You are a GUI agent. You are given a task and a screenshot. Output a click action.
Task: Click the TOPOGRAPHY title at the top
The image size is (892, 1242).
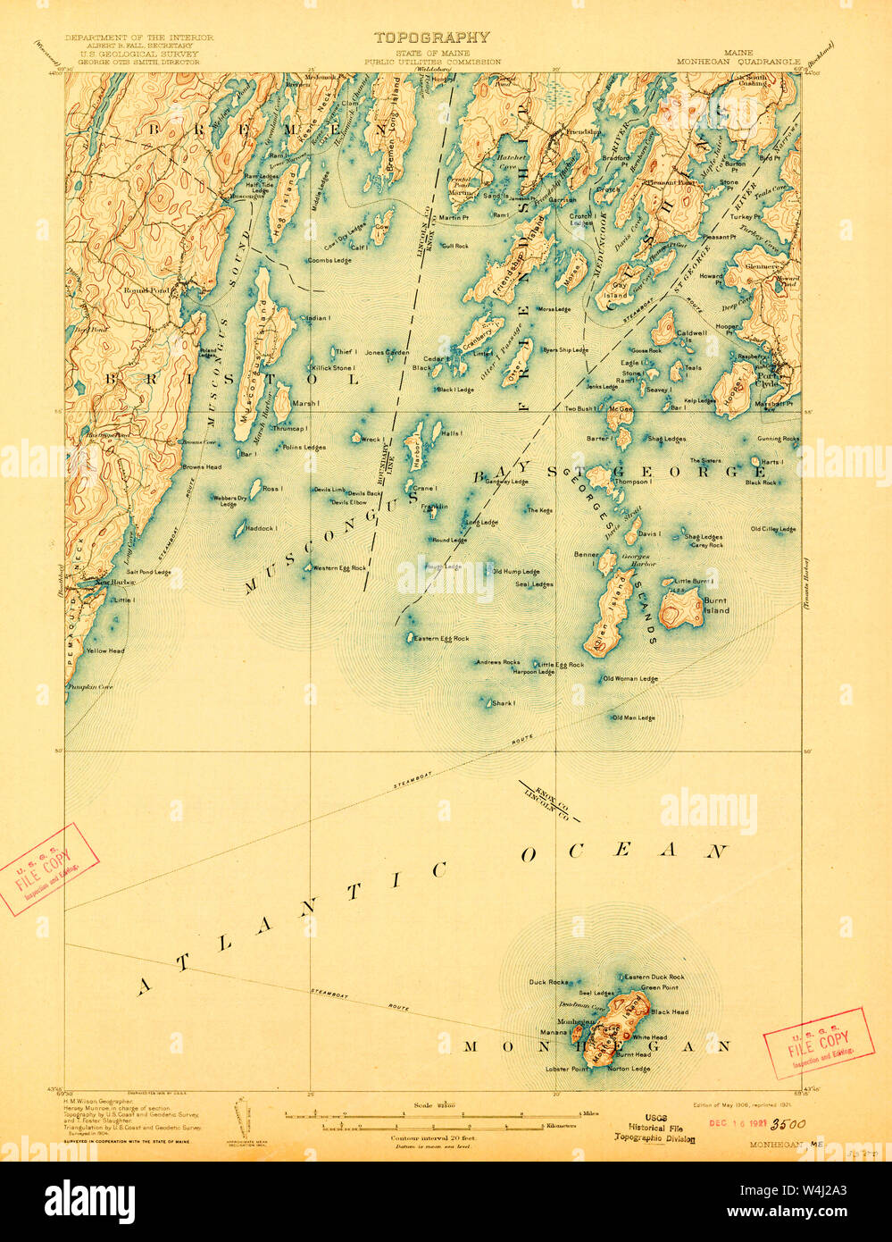point(431,38)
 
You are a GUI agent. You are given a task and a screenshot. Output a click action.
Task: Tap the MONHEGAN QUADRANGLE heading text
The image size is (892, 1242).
point(738,63)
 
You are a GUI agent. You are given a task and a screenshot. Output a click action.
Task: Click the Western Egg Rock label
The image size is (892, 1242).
point(339,568)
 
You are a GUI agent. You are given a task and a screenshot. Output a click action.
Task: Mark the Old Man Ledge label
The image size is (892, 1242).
point(634,718)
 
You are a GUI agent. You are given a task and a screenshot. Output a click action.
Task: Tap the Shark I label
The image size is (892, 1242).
point(504,703)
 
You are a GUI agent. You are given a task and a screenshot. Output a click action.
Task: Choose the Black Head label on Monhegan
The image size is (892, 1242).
point(670,1011)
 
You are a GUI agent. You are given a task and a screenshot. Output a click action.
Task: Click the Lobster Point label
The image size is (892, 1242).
point(568,1069)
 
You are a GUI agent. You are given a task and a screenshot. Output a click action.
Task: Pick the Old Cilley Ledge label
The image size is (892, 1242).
point(773,529)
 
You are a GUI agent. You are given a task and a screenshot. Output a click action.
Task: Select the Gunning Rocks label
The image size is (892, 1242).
point(779,439)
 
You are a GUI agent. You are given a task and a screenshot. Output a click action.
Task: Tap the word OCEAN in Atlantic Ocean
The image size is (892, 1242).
point(625,852)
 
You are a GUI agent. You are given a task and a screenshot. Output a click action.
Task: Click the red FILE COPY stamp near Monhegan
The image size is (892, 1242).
point(819,1043)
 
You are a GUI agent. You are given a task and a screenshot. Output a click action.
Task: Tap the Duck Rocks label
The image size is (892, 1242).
point(548,982)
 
